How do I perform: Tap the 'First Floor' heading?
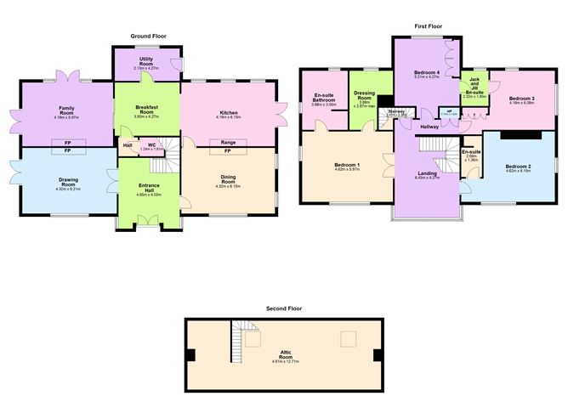pos(429,26)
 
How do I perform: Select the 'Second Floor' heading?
pos(284,308)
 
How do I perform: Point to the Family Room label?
pos(67,110)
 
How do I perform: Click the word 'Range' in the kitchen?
pos(228,142)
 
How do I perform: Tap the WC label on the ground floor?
pos(151,145)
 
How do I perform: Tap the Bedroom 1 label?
pos(346,165)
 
